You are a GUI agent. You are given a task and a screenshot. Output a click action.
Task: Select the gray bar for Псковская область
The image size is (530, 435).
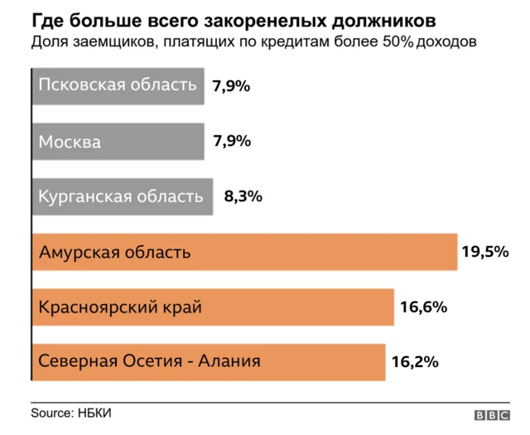118,85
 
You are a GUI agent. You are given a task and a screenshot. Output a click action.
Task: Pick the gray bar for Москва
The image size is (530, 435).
118,141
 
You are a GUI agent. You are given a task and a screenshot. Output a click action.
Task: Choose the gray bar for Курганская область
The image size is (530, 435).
122,196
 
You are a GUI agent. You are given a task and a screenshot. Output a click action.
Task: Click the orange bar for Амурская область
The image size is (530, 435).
244,252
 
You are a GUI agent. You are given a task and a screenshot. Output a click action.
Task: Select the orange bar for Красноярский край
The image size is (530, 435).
213,307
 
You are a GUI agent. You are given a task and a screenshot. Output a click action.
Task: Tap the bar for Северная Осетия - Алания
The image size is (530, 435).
208,361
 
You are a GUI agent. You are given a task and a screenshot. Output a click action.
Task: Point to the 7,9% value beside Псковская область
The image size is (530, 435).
232,86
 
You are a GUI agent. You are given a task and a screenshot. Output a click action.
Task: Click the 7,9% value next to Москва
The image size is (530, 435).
232,141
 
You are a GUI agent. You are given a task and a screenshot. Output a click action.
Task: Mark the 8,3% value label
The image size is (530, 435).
243,197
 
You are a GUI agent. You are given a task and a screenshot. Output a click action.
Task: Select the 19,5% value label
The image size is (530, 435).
484,252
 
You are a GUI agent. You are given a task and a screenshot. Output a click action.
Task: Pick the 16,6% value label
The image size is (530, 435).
423,307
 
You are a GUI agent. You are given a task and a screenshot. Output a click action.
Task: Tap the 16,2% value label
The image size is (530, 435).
414,362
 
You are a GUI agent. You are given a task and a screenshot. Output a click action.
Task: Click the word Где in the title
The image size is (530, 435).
46,18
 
